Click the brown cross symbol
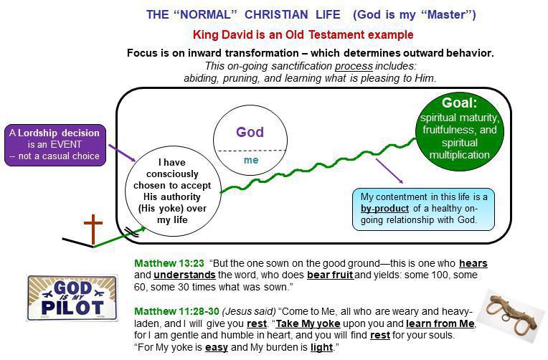(93, 229)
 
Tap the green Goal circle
(460, 129)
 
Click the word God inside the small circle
(250, 132)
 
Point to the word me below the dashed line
(250, 160)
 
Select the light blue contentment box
(423, 208)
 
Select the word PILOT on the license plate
(67, 308)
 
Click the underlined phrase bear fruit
(332, 275)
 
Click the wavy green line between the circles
(316, 166)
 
